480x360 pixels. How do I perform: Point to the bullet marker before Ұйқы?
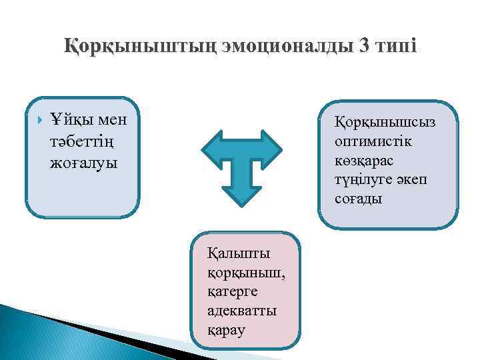(x=41, y=121)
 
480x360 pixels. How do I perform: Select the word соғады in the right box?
(x=359, y=199)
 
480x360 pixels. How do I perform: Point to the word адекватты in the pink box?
(x=242, y=311)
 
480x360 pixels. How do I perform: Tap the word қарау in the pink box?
(x=227, y=330)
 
